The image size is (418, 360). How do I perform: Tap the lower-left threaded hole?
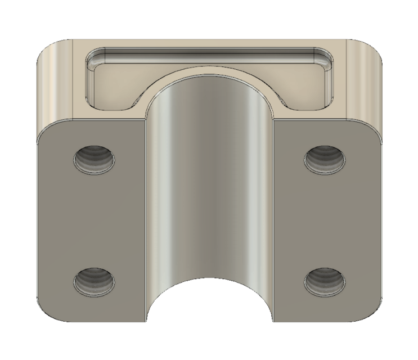(x=95, y=280)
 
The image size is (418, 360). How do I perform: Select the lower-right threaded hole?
(x=324, y=280)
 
